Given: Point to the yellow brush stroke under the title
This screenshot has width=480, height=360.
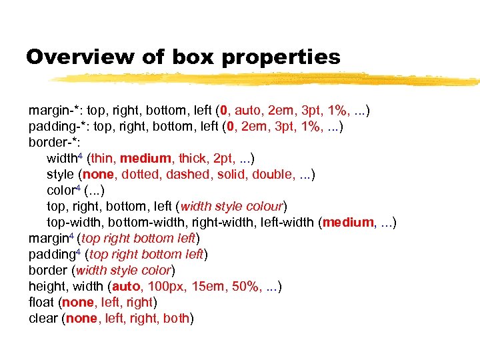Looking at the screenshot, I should click(267, 79).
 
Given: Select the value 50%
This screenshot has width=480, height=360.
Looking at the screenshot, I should click(245, 287).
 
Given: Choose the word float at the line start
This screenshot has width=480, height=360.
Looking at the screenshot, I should click(42, 303).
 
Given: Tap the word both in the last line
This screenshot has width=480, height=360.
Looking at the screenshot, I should click(176, 319).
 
